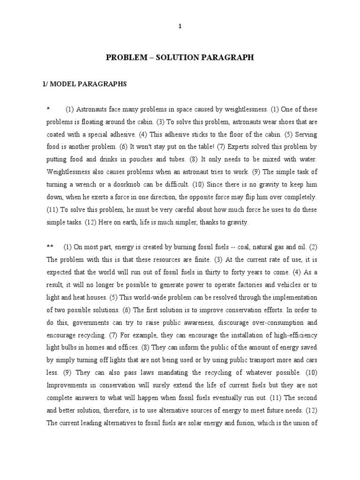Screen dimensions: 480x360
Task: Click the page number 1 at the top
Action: pos(180,27)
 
